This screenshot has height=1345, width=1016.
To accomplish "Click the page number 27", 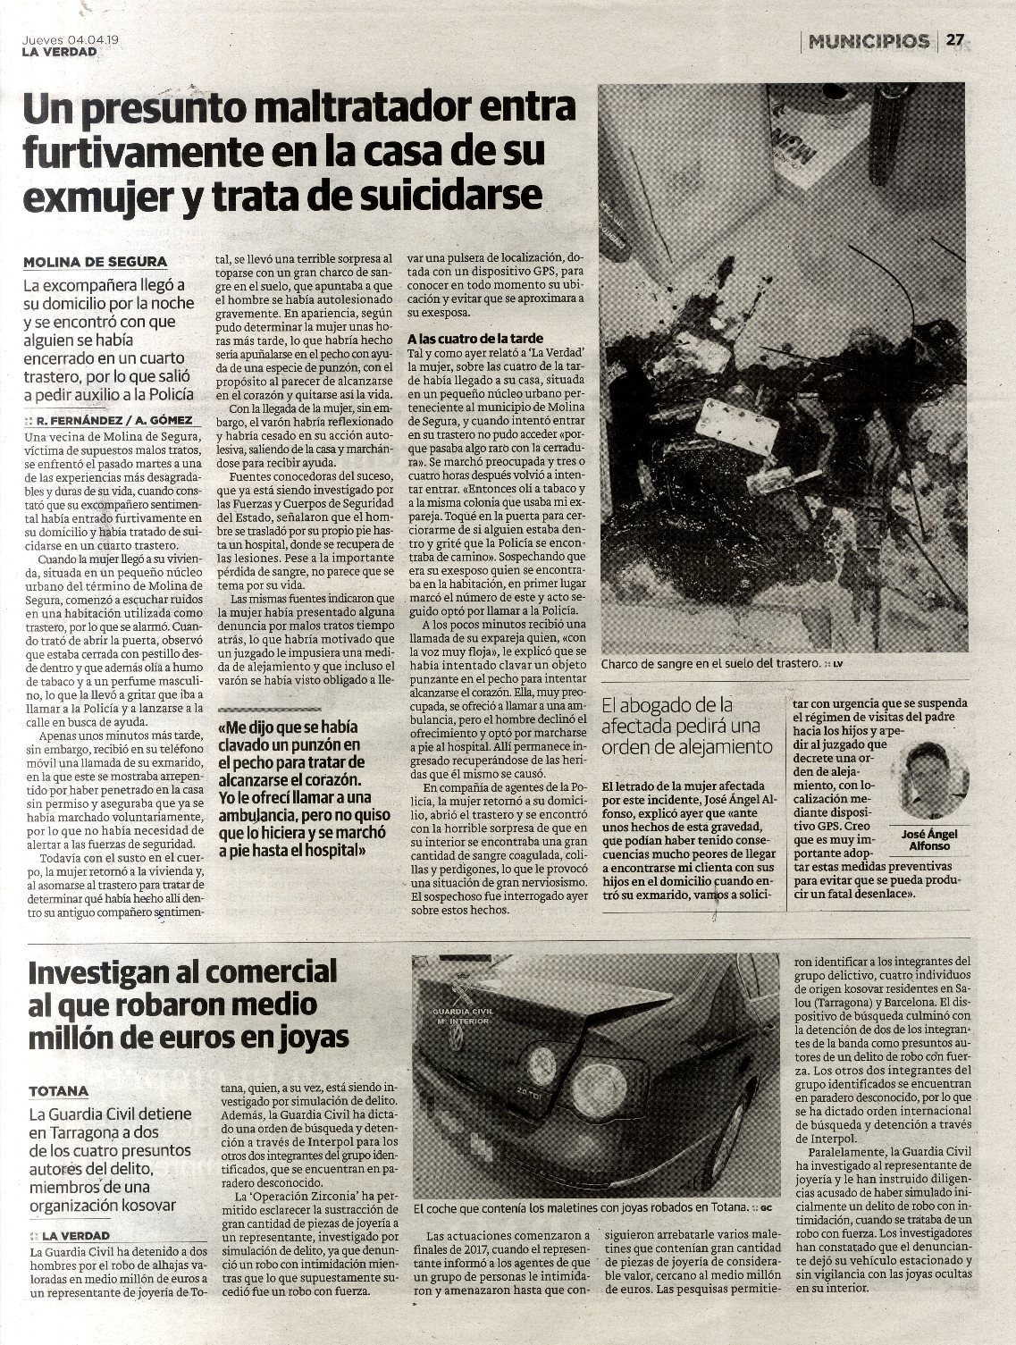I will coord(955,40).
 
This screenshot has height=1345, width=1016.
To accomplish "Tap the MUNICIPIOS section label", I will coord(869,41).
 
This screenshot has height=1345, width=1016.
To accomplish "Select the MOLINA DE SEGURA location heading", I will coord(95,262).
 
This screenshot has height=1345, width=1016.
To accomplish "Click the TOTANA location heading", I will coord(58,1091).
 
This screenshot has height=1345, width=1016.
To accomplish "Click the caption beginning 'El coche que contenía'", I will coord(585,1206).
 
